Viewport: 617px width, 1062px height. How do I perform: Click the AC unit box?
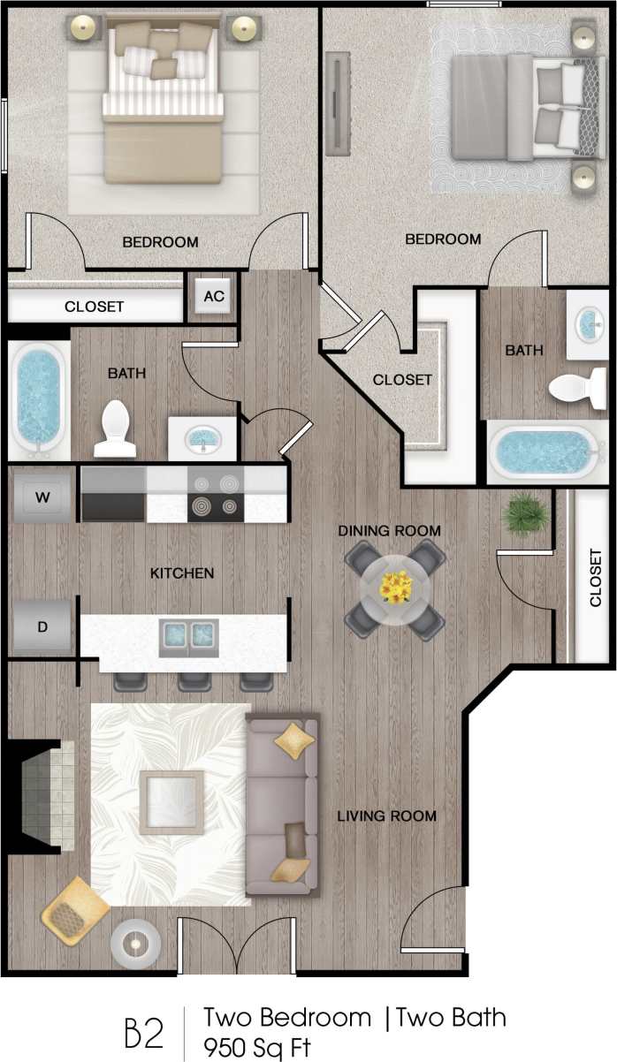(x=214, y=297)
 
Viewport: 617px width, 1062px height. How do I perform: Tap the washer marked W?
(x=42, y=497)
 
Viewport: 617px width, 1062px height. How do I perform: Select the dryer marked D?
(x=42, y=627)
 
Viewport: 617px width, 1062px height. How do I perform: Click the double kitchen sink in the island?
(x=188, y=633)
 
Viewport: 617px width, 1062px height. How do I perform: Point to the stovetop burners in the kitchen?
(x=217, y=495)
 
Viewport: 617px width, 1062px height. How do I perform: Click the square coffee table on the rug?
(x=171, y=802)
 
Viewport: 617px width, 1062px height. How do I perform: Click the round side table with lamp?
(x=135, y=944)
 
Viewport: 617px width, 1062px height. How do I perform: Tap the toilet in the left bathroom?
(x=116, y=429)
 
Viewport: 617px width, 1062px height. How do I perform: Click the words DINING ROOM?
(x=390, y=531)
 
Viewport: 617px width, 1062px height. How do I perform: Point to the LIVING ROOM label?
(x=387, y=815)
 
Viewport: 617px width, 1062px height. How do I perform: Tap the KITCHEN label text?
(x=182, y=573)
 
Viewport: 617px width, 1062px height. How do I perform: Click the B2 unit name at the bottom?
(x=144, y=1031)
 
